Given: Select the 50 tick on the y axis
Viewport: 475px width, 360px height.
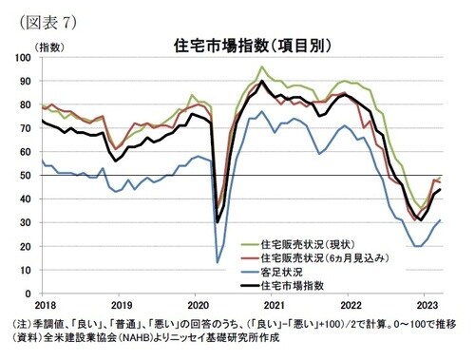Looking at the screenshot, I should pos(28,176).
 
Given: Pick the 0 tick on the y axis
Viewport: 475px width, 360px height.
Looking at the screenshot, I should pos(31,293).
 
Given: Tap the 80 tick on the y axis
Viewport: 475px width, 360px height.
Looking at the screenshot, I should pos(28,105).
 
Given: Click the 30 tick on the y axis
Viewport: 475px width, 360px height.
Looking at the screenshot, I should pos(28,222).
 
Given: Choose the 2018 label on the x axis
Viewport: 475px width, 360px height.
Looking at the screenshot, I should pos(45,306).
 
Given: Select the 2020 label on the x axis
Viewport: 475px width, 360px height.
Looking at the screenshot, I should pos(198,306).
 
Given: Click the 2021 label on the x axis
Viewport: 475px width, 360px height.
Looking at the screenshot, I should pos(274,306).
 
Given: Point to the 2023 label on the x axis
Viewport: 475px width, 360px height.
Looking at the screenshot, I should pos(427,306).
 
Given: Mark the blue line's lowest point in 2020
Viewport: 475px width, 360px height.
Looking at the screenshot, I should pos(218,262).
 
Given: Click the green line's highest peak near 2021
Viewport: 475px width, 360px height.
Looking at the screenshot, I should pos(262,66).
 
